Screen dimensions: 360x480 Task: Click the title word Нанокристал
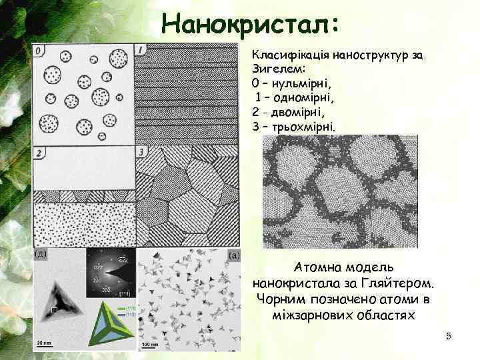point(250,25)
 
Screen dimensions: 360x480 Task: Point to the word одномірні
point(305,98)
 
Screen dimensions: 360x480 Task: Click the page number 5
point(449,337)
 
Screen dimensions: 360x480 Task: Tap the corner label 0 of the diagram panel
point(39,50)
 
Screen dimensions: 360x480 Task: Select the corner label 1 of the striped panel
point(141,50)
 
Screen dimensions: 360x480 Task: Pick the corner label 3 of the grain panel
point(141,153)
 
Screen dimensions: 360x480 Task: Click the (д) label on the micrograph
point(40,254)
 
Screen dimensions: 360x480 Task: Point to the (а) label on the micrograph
point(234,255)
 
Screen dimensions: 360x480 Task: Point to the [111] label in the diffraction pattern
point(124,293)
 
